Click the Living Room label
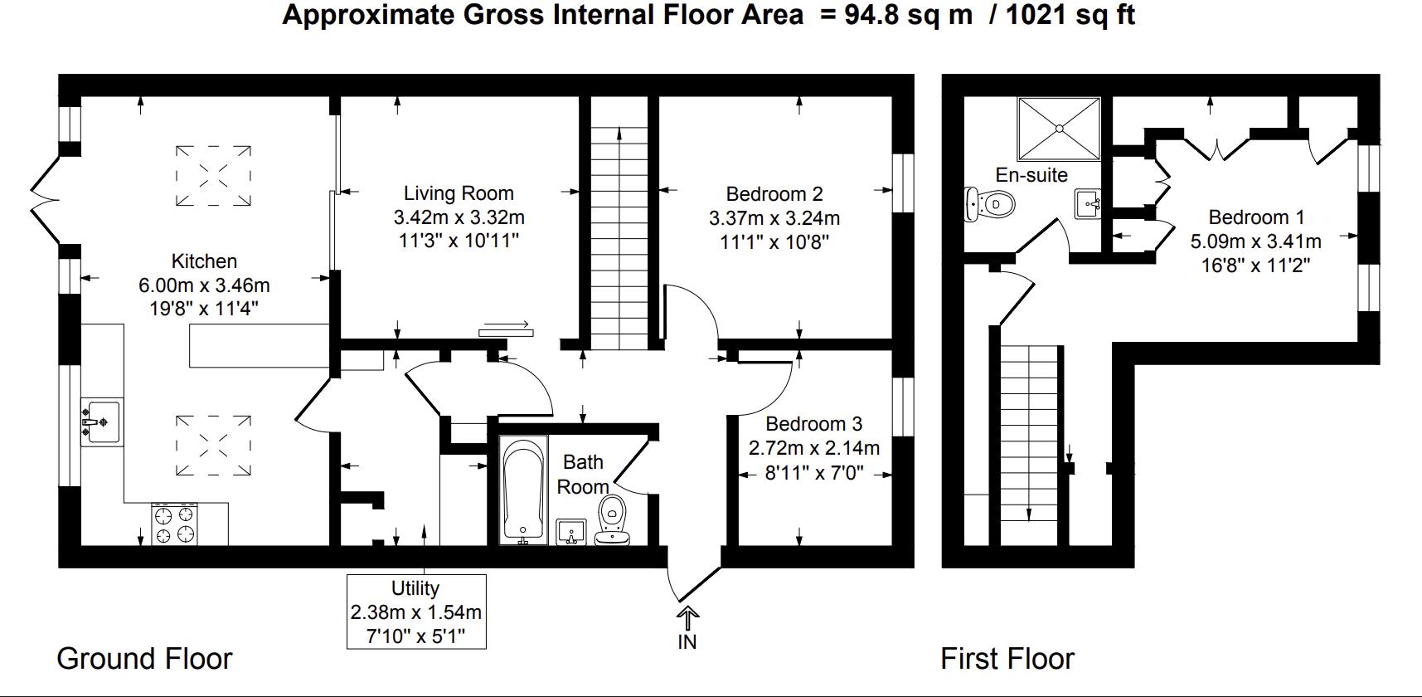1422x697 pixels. coord(459,193)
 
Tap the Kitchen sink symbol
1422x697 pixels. coord(101,421)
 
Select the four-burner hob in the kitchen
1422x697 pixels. coord(175,524)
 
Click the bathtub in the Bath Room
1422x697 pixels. coord(523,491)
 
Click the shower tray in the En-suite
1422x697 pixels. coord(1059,129)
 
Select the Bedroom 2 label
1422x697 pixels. coord(774,194)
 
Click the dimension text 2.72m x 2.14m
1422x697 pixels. coord(813,448)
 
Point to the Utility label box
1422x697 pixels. coord(415,612)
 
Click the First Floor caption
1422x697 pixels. coord(1007,659)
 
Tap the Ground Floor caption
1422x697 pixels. coord(144,659)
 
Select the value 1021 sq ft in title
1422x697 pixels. coord(1070,15)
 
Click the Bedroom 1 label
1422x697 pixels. coord(1256,217)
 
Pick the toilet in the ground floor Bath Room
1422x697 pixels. coord(613,521)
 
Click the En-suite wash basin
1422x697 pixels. coord(1088,202)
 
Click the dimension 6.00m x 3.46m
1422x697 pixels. coord(204,285)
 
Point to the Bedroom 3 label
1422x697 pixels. coord(813,424)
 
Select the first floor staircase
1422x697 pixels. coord(1029,431)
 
